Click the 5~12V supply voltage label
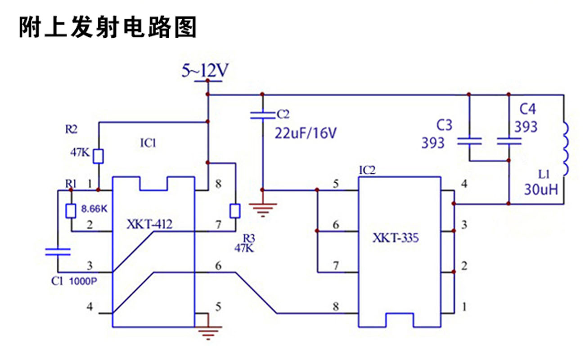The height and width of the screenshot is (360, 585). tap(205, 71)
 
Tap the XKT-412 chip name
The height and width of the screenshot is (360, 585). tap(149, 224)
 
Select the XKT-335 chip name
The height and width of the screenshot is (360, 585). tap(396, 238)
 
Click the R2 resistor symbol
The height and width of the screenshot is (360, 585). tap(99, 157)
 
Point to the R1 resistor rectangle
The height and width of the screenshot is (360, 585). tap(71, 211)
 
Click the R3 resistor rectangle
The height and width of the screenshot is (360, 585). tap(235, 211)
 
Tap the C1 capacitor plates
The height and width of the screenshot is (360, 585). tap(58, 252)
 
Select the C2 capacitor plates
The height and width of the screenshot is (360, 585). tap(262, 116)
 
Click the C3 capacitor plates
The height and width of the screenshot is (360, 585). tap(469, 141)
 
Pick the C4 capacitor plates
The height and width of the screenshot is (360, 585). tap(509, 141)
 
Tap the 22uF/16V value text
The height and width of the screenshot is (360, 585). tap(306, 133)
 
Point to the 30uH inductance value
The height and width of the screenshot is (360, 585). tap(541, 189)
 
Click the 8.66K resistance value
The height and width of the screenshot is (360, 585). tap(94, 209)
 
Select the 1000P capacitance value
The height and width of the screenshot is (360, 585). tap(83, 281)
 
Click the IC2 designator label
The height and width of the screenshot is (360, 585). tap(367, 171)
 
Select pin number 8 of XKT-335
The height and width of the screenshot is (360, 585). tap(336, 306)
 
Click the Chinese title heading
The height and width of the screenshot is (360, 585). tap(108, 27)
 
